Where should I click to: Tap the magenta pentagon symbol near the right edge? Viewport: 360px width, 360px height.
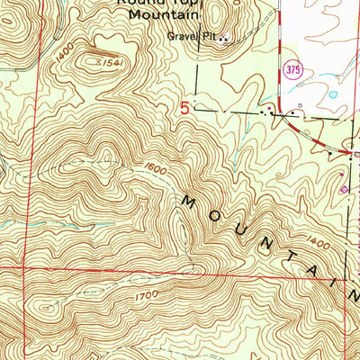pyautogui.click(x=344, y=190)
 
